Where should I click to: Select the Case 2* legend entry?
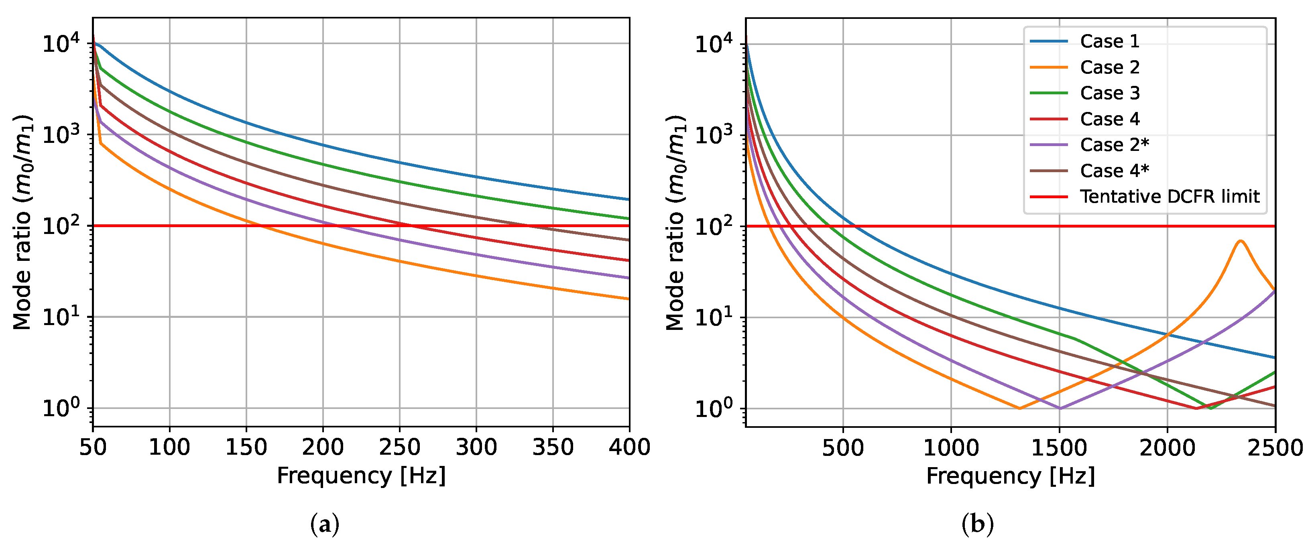tap(1115, 144)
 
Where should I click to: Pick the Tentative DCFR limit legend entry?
tap(1170, 197)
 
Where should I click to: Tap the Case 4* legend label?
tap(1115, 171)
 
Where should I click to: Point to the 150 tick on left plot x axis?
tap(246, 447)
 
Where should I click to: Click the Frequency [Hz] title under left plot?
tap(361, 476)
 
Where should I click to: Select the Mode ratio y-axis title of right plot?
tap(675, 223)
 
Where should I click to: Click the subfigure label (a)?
tap(324, 524)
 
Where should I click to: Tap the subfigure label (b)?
tap(977, 524)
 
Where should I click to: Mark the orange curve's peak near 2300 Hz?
tap(1240, 241)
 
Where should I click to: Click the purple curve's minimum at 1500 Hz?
tap(1060, 408)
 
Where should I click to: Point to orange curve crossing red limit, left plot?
tap(261, 226)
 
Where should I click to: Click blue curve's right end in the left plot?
tap(629, 199)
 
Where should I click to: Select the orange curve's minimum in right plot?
tap(1020, 408)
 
